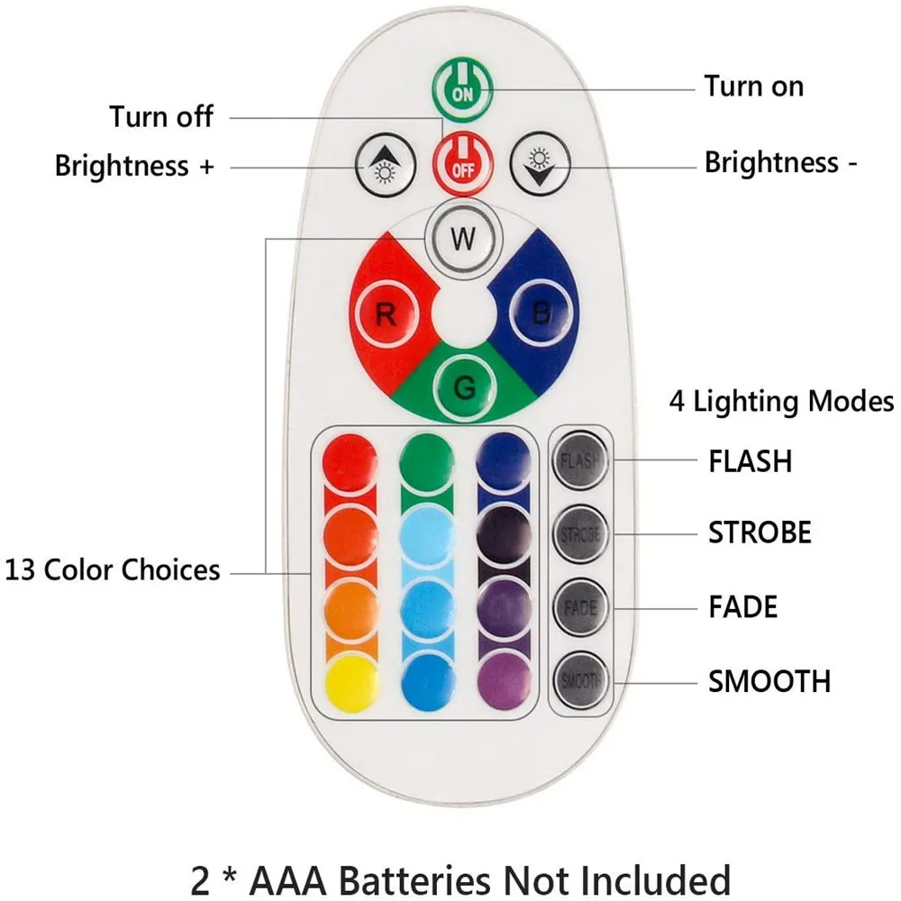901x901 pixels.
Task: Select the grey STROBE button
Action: click(579, 533)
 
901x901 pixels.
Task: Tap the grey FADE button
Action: click(579, 606)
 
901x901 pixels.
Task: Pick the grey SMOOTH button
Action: click(579, 680)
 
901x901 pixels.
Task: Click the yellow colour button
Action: click(350, 679)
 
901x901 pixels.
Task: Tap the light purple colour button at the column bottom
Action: click(503, 679)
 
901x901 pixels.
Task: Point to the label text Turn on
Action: click(753, 86)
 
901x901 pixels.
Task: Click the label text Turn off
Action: click(162, 116)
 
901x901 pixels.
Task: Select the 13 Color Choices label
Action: click(113, 570)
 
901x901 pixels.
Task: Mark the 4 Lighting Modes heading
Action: click(781, 401)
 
